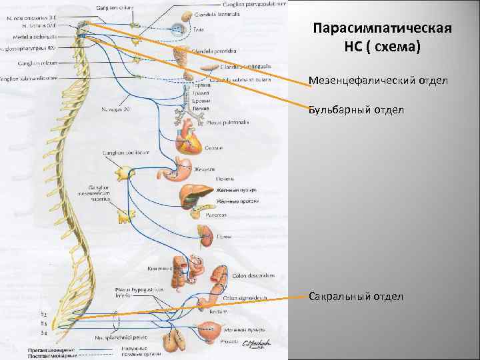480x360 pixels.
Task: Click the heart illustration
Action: (186, 140)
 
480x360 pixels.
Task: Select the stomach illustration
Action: (177, 173)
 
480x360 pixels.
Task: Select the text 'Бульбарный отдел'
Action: (356, 109)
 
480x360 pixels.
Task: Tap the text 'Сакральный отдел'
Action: (356, 295)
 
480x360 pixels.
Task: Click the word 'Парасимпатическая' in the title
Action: (382, 30)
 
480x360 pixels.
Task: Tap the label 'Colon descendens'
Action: (250, 275)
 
